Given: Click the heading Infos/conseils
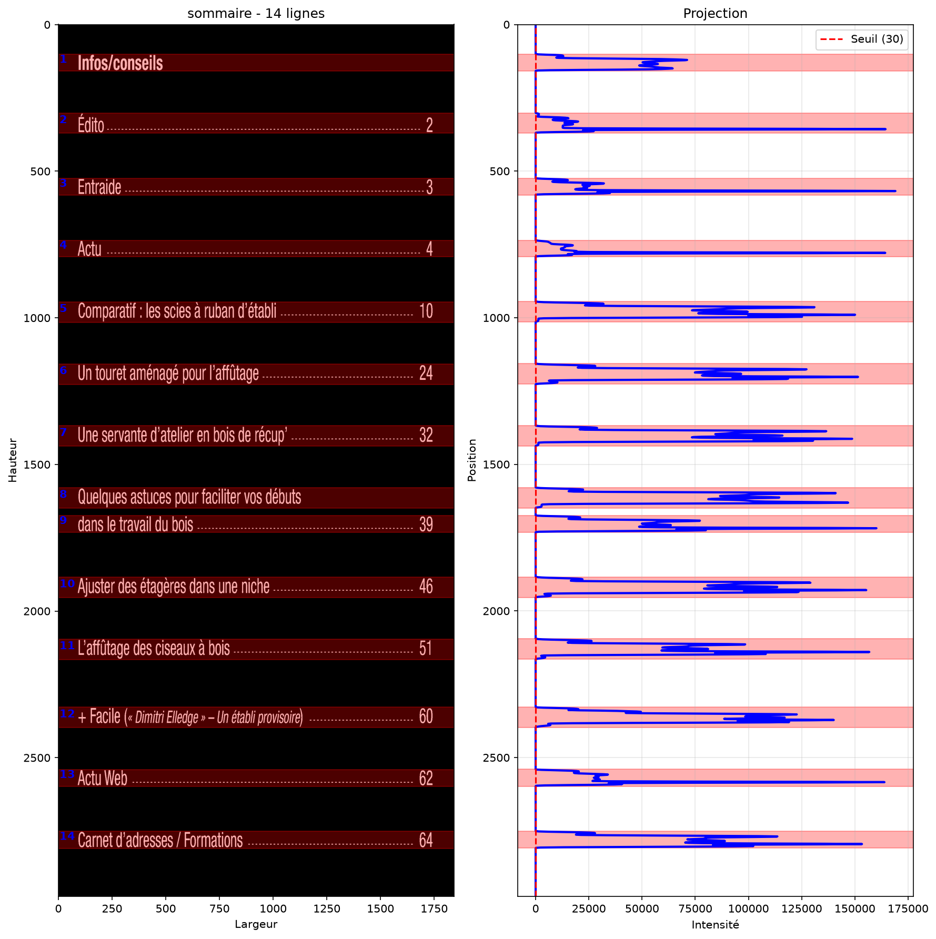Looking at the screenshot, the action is click(x=120, y=63).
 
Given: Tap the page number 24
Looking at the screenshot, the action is click(x=426, y=373).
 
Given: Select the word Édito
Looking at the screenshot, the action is click(x=91, y=125).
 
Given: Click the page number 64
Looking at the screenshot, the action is click(x=426, y=840).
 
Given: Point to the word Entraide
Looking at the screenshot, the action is click(x=99, y=187).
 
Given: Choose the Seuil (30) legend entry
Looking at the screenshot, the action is click(x=862, y=39).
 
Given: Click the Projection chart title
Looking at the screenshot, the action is click(x=715, y=13).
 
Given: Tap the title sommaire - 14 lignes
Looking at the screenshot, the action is click(x=256, y=13).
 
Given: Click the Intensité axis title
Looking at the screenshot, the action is click(x=715, y=925).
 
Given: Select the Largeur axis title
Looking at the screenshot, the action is click(x=256, y=925).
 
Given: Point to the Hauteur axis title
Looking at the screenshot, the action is click(x=13, y=460).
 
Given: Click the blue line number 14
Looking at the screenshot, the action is click(x=67, y=836).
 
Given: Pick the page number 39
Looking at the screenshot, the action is click(x=426, y=524).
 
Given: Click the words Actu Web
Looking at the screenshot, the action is click(x=103, y=778).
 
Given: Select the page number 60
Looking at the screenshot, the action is click(x=426, y=716).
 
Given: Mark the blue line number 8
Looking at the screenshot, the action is click(x=63, y=494).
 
